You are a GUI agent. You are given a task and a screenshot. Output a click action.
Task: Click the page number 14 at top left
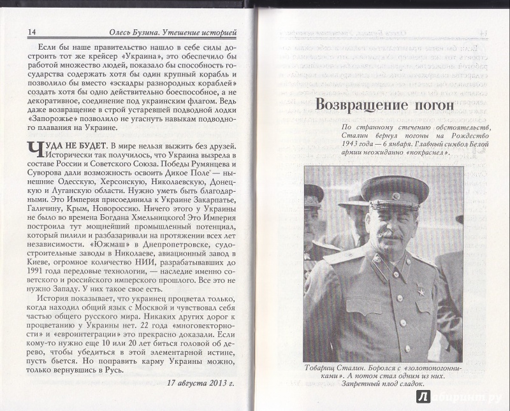16,32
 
